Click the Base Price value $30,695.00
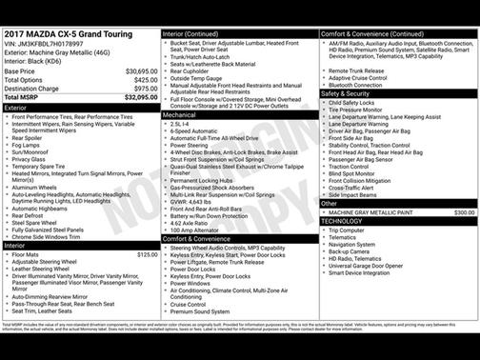142,71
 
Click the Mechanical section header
179,114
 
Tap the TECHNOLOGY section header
343,221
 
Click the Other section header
330,203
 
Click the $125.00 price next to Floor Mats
147,254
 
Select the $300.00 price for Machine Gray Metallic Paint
464,212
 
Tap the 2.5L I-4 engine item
179,124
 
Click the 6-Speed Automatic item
192,131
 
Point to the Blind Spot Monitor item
351,173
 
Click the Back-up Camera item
350,251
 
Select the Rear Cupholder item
189,70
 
